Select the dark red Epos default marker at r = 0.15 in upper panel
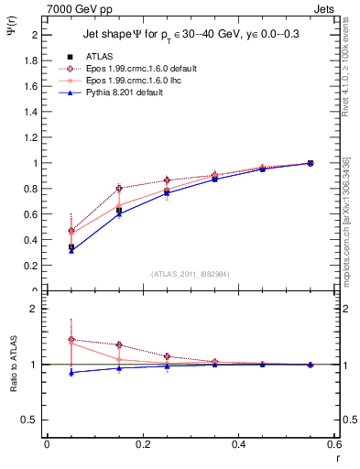tap(119, 189)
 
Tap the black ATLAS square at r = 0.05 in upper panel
tap(71, 246)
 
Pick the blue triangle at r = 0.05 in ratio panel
tap(71, 372)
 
